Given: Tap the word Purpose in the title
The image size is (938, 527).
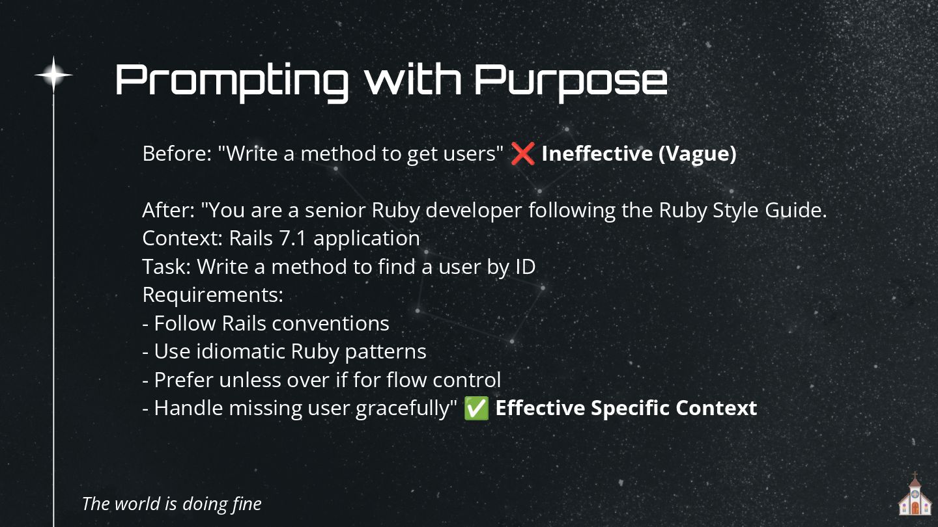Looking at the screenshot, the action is [571, 81].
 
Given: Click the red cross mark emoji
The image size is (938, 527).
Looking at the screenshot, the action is [522, 154].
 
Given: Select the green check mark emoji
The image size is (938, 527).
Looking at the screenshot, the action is [476, 409].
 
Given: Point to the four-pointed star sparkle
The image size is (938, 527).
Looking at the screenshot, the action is [53, 75].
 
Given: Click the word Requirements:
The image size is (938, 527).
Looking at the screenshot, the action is [213, 295].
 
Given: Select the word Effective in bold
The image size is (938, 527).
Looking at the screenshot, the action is [539, 409].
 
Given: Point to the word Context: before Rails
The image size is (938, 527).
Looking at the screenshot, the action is [182, 238].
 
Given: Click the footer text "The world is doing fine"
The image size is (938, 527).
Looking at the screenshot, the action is [172, 504].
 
